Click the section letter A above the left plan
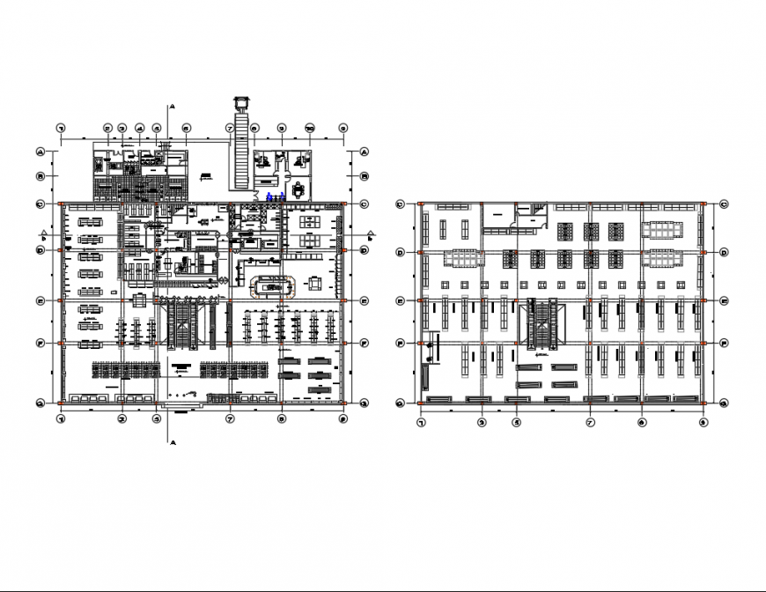(x=173, y=107)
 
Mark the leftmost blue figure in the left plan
(x=269, y=196)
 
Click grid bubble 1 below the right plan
(x=421, y=423)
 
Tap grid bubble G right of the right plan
(x=722, y=403)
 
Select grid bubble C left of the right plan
(x=401, y=204)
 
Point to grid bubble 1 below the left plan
(x=61, y=419)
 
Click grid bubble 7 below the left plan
(x=229, y=419)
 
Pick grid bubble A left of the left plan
(x=41, y=152)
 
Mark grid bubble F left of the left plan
(x=41, y=343)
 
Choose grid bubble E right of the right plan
(x=722, y=301)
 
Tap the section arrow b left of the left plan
(x=44, y=234)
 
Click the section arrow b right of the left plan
(x=371, y=235)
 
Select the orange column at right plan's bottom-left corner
(x=421, y=403)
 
